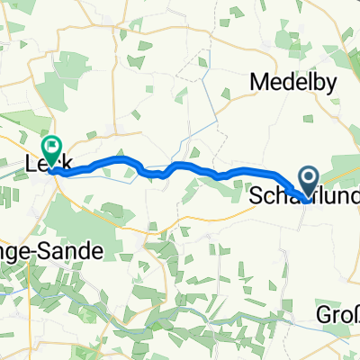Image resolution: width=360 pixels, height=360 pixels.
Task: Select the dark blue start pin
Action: pyautogui.click(x=308, y=181)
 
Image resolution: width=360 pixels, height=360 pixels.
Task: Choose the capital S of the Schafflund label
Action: pyautogui.click(x=255, y=193)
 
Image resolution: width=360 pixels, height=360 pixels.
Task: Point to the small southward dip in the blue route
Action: pyautogui.click(x=159, y=175)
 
